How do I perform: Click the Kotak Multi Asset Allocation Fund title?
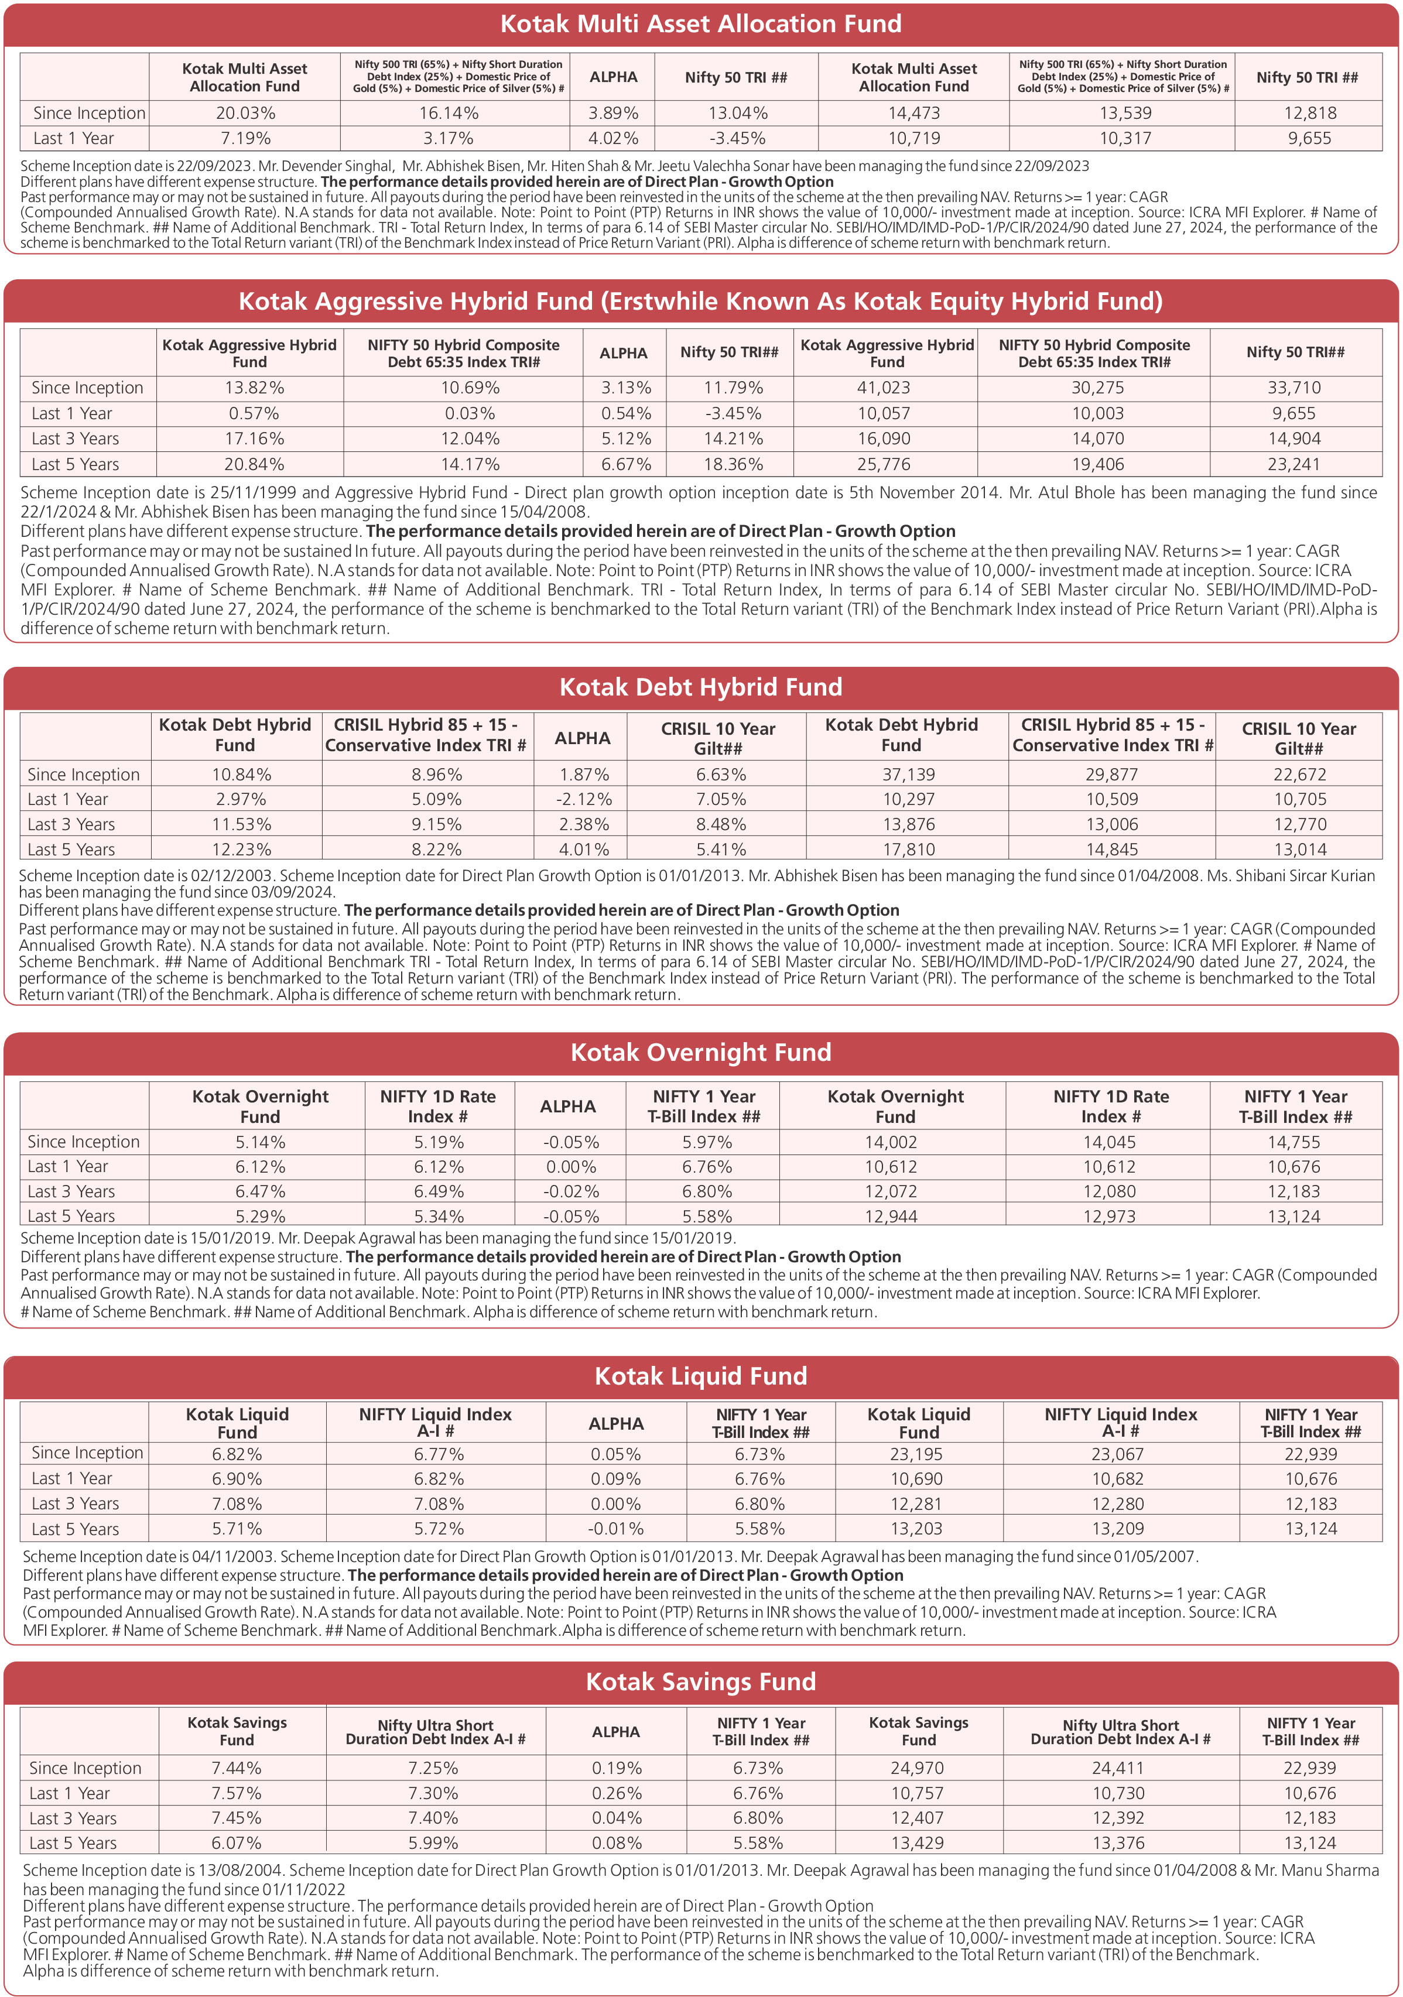[x=700, y=23]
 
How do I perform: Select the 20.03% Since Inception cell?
[x=245, y=113]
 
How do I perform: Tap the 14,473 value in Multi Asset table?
[x=913, y=113]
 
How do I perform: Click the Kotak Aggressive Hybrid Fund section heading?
[x=700, y=301]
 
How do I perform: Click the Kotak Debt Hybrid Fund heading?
[x=700, y=687]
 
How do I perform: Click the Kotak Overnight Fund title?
[x=700, y=1053]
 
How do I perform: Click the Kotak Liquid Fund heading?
[x=700, y=1376]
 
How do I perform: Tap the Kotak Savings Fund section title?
[x=700, y=1681]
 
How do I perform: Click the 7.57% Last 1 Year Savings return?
[x=236, y=1793]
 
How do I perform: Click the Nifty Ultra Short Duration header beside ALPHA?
[x=435, y=1732]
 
